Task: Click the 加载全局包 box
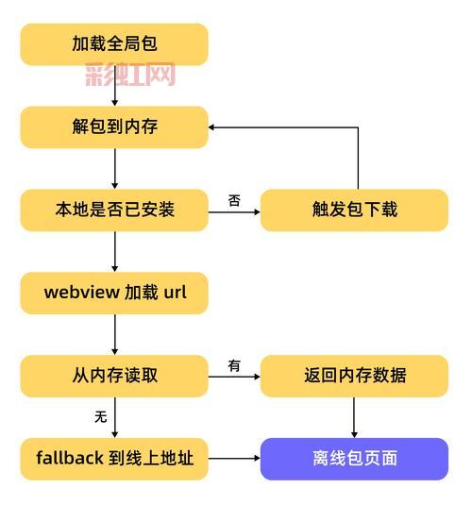[x=114, y=44]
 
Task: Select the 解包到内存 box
[x=114, y=126]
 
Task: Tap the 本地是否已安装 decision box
[x=114, y=210]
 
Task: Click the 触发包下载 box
[x=354, y=210]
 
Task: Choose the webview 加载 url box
[x=114, y=293]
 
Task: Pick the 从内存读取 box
[x=114, y=376]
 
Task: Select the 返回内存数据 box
[x=354, y=376]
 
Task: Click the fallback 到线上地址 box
[x=114, y=459]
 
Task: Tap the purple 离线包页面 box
[x=354, y=459]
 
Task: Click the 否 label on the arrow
[x=234, y=200]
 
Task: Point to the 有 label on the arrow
[x=234, y=366]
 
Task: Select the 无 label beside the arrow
[x=100, y=416]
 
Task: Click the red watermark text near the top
[x=130, y=75]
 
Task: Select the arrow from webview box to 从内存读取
[x=114, y=334]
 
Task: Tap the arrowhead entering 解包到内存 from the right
[x=214, y=126]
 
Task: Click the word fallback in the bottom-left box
[x=70, y=459]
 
